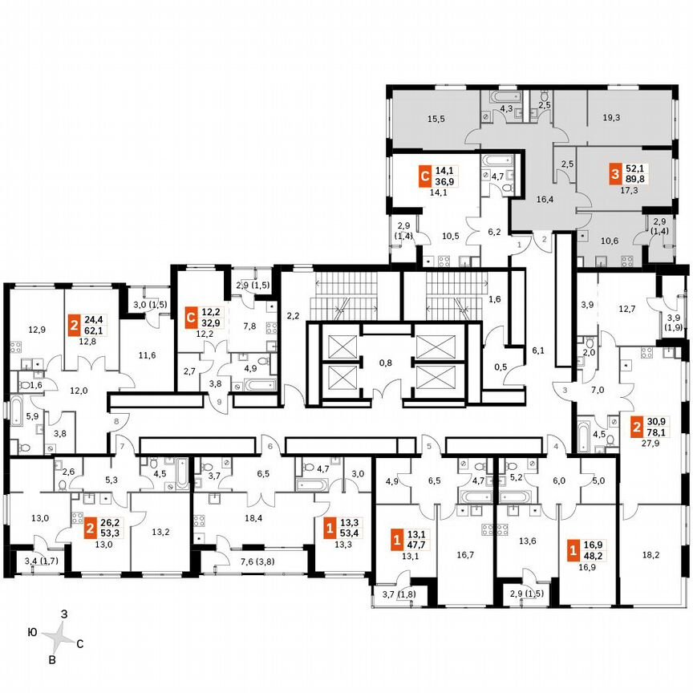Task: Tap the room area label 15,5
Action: click(x=436, y=119)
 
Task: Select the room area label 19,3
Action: click(x=611, y=117)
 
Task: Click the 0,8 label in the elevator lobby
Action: click(x=385, y=363)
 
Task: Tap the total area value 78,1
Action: click(x=659, y=431)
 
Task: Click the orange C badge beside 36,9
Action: click(x=426, y=174)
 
